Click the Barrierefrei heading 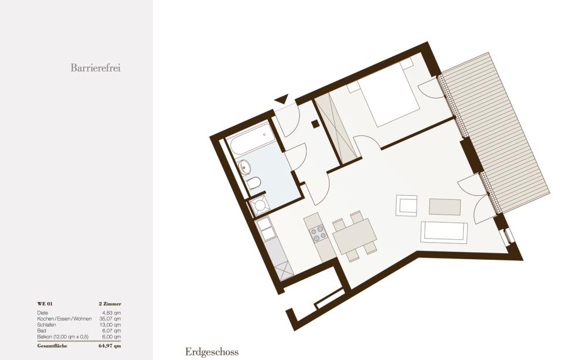pyautogui.click(x=96, y=67)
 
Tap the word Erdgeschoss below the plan pyautogui.click(x=212, y=352)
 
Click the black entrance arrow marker pyautogui.click(x=281, y=99)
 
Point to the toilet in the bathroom pyautogui.click(x=253, y=184)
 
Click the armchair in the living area pyautogui.click(x=406, y=206)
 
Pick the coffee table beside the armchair pyautogui.click(x=445, y=207)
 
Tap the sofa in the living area pyautogui.click(x=444, y=233)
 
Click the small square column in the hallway pyautogui.click(x=315, y=124)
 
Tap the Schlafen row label pyautogui.click(x=46, y=325)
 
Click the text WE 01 pyautogui.click(x=45, y=304)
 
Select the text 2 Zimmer pyautogui.click(x=110, y=304)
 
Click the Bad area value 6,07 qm pyautogui.click(x=111, y=331)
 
